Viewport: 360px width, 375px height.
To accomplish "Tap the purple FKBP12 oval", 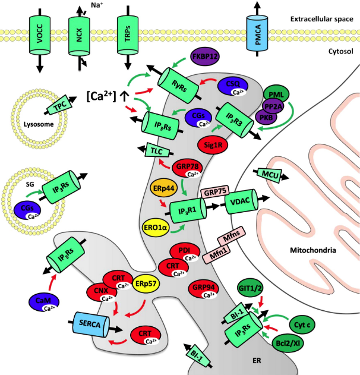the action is (x=205, y=56).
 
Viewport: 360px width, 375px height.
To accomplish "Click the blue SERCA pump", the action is (x=91, y=324).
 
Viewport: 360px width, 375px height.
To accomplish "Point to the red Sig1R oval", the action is (x=213, y=144).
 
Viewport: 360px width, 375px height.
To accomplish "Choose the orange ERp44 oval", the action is (x=164, y=188).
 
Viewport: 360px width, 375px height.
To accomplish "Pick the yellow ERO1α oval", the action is (x=156, y=227).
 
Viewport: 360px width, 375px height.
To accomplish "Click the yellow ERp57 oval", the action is (x=146, y=284).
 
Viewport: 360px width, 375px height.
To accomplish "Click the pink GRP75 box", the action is (x=215, y=192).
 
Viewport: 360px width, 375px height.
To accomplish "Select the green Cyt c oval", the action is (x=302, y=324).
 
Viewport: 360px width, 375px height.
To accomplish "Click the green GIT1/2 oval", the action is (x=250, y=288).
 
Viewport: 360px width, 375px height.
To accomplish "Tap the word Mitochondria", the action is (x=313, y=250).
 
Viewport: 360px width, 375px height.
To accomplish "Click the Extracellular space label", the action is (x=322, y=19).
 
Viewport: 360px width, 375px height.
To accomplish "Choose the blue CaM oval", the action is (x=43, y=302).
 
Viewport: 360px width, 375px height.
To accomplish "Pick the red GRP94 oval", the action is (x=203, y=289).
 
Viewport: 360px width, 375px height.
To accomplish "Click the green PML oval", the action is (x=276, y=94).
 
